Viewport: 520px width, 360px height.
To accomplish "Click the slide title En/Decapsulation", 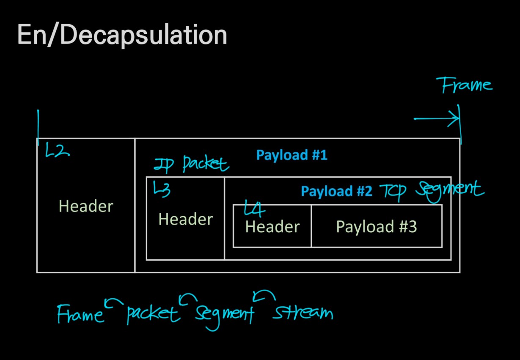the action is (x=122, y=36).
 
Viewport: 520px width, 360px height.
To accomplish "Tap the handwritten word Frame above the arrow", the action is (x=467, y=85).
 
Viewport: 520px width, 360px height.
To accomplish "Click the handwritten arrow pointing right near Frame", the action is (x=437, y=118).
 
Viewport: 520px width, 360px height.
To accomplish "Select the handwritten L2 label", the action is (x=57, y=151).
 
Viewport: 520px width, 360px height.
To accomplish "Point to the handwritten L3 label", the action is (x=162, y=189).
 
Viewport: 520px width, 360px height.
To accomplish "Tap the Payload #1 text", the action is (x=292, y=155).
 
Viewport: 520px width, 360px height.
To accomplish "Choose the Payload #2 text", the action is (x=336, y=192).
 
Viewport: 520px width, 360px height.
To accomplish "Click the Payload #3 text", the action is (x=376, y=227).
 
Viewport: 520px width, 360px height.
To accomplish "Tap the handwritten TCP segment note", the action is (x=432, y=190).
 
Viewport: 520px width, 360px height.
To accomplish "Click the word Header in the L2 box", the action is (x=86, y=206).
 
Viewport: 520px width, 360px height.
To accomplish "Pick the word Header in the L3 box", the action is (x=185, y=219).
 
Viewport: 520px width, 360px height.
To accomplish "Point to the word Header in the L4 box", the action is (x=272, y=227).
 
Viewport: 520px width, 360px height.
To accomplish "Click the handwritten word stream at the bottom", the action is (x=303, y=313).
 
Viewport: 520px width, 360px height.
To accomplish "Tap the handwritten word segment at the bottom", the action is (x=224, y=314).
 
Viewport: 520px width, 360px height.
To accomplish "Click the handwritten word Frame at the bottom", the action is (x=80, y=313).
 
